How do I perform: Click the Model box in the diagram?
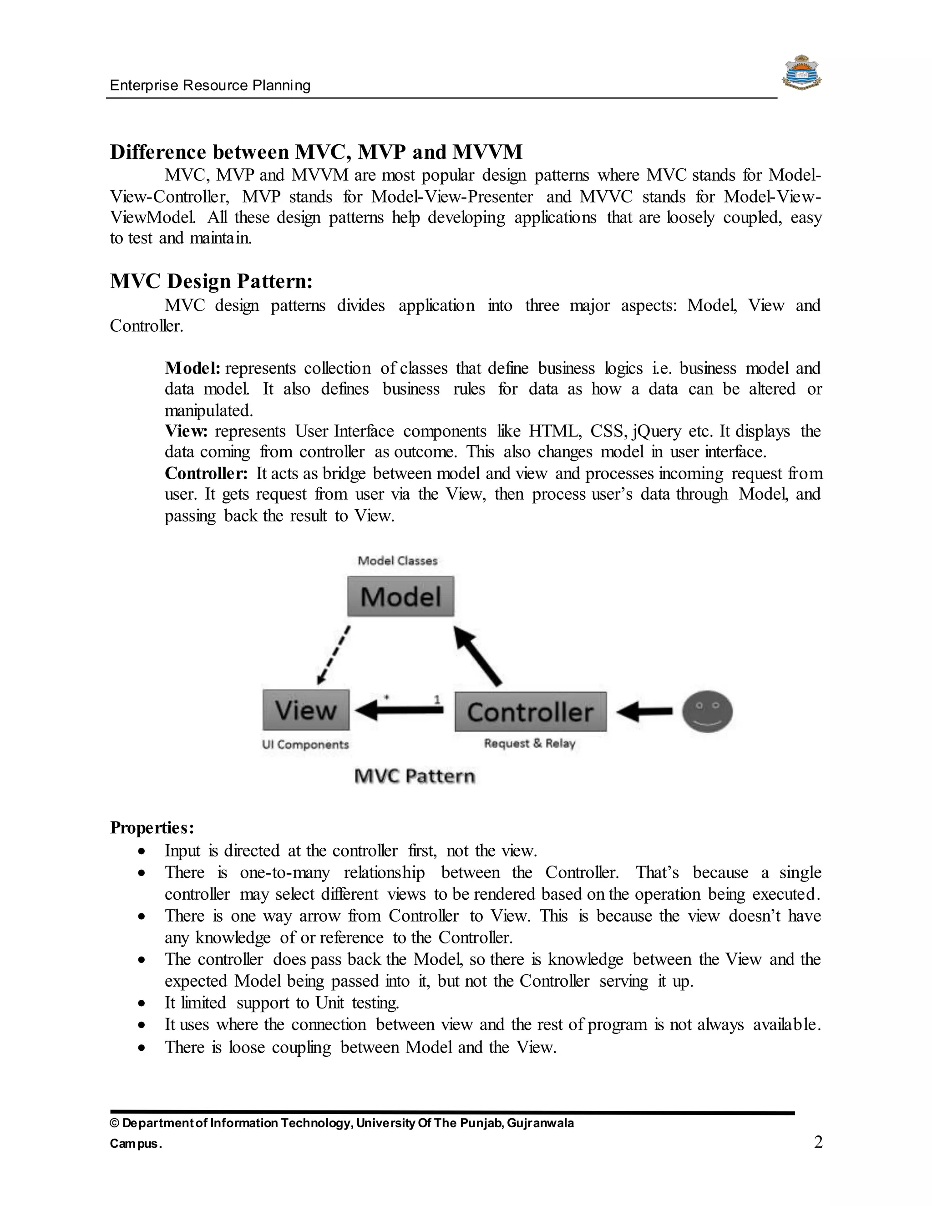click(x=400, y=596)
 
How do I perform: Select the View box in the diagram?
click(x=306, y=710)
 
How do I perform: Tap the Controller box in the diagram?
click(x=530, y=712)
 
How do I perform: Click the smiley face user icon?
click(x=707, y=711)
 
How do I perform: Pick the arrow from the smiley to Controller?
click(x=644, y=712)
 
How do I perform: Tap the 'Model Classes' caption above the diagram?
click(x=398, y=561)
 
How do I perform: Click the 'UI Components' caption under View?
click(x=305, y=745)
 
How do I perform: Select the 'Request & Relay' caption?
click(x=530, y=743)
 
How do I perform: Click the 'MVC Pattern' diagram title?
click(x=414, y=776)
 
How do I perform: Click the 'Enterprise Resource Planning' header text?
click(x=210, y=86)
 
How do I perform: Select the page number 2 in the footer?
click(x=818, y=1142)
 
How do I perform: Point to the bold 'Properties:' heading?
click(x=152, y=828)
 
